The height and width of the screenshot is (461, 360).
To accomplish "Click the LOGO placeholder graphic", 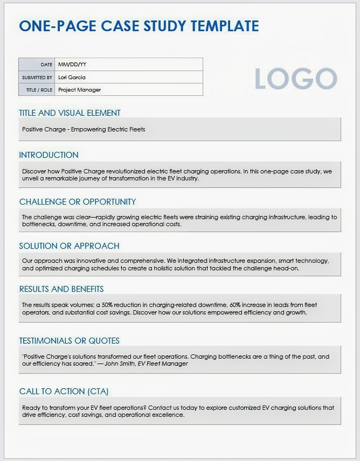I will coord(295,79).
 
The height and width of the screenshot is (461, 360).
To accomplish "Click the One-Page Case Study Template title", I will coord(139,26).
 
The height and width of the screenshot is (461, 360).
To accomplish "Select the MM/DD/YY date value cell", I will coord(72,65).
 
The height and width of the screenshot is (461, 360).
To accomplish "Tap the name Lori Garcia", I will coord(72,77).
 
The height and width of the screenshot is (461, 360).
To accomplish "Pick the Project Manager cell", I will coord(79,90).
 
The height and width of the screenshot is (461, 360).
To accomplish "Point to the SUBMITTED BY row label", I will coord(37,78).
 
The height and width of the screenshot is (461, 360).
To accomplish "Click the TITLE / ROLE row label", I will coord(39,90).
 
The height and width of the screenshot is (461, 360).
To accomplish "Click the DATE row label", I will coord(46,65).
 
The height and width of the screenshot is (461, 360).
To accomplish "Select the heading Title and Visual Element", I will coord(70,113).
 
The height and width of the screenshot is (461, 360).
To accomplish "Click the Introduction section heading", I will coord(49,155).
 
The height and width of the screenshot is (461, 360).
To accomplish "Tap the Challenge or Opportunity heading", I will coord(78,202).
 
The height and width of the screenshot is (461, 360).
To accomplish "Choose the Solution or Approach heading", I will coord(69,246).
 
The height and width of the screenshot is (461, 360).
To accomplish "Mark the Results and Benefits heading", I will coord(61,289).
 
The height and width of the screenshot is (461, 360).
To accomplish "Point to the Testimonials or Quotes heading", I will coord(69,341).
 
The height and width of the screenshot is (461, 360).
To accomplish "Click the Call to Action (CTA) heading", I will coord(64,392).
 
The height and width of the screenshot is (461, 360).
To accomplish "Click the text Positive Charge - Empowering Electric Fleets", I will coord(84,129).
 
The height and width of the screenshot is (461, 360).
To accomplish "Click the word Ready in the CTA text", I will coord(31,408).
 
